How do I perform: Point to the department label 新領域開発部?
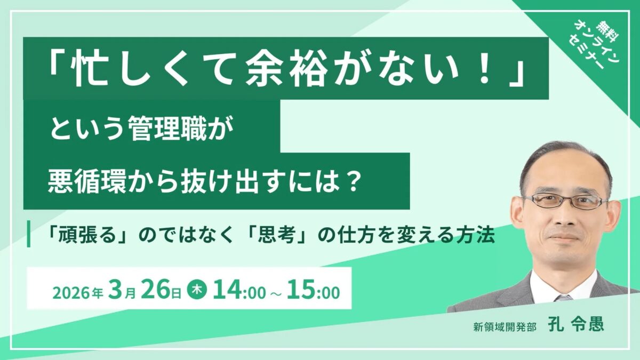click(504, 326)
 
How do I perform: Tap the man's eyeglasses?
click(565, 201)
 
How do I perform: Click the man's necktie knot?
click(564, 297)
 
